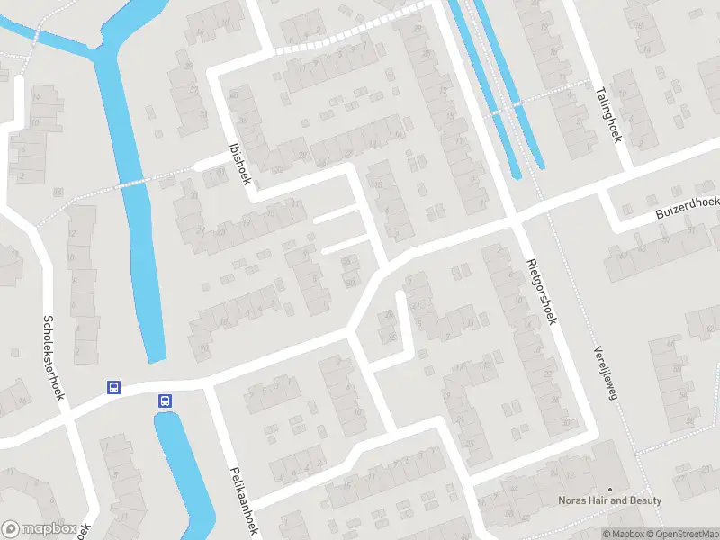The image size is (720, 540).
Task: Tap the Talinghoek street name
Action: tap(610, 114)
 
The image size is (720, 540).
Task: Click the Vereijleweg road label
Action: tap(602, 374)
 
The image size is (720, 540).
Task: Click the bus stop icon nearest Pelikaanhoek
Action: tap(165, 400)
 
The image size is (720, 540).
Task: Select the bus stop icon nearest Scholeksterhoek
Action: tap(114, 388)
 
